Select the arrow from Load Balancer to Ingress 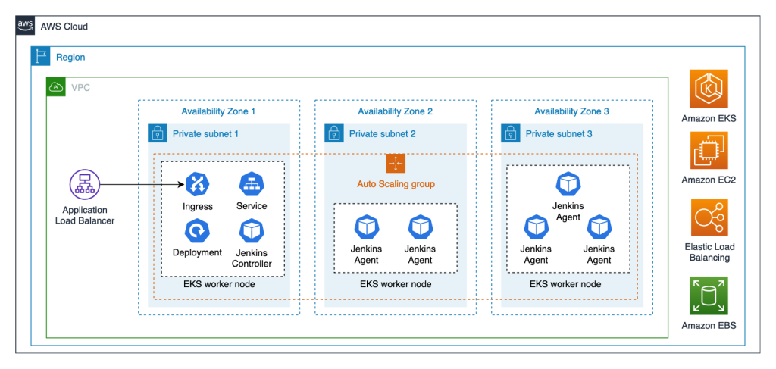pyautogui.click(x=140, y=184)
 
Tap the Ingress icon pyautogui.click(x=197, y=184)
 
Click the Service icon pyautogui.click(x=252, y=184)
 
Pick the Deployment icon pyautogui.click(x=197, y=230)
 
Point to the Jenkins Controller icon pyautogui.click(x=252, y=230)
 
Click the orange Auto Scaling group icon pyautogui.click(x=396, y=163)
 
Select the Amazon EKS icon pyautogui.click(x=709, y=89)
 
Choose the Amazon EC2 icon pyautogui.click(x=709, y=151)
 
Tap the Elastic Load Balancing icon pyautogui.click(x=709, y=218)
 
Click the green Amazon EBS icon pyautogui.click(x=709, y=296)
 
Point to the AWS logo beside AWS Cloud pyautogui.click(x=26, y=27)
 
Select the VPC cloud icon pyautogui.click(x=56, y=87)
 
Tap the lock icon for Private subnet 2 pyautogui.click(x=334, y=134)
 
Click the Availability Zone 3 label pyautogui.click(x=571, y=111)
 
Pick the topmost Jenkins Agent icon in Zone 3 pyautogui.click(x=568, y=183)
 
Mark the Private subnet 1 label pyautogui.click(x=205, y=134)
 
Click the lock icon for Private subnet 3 pyautogui.click(x=511, y=134)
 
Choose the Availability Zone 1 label pyautogui.click(x=218, y=111)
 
